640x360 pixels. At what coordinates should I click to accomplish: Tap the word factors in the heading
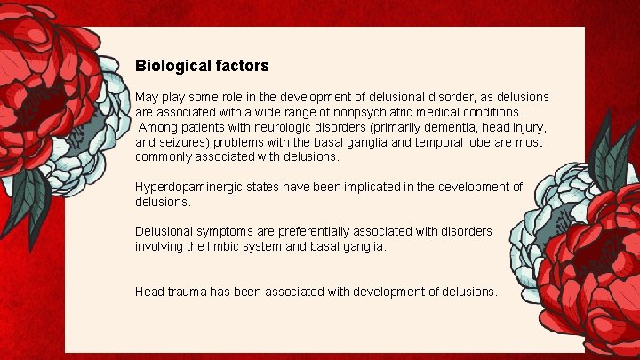239,66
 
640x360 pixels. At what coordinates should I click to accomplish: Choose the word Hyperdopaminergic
189,187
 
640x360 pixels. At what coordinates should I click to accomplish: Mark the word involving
163,246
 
